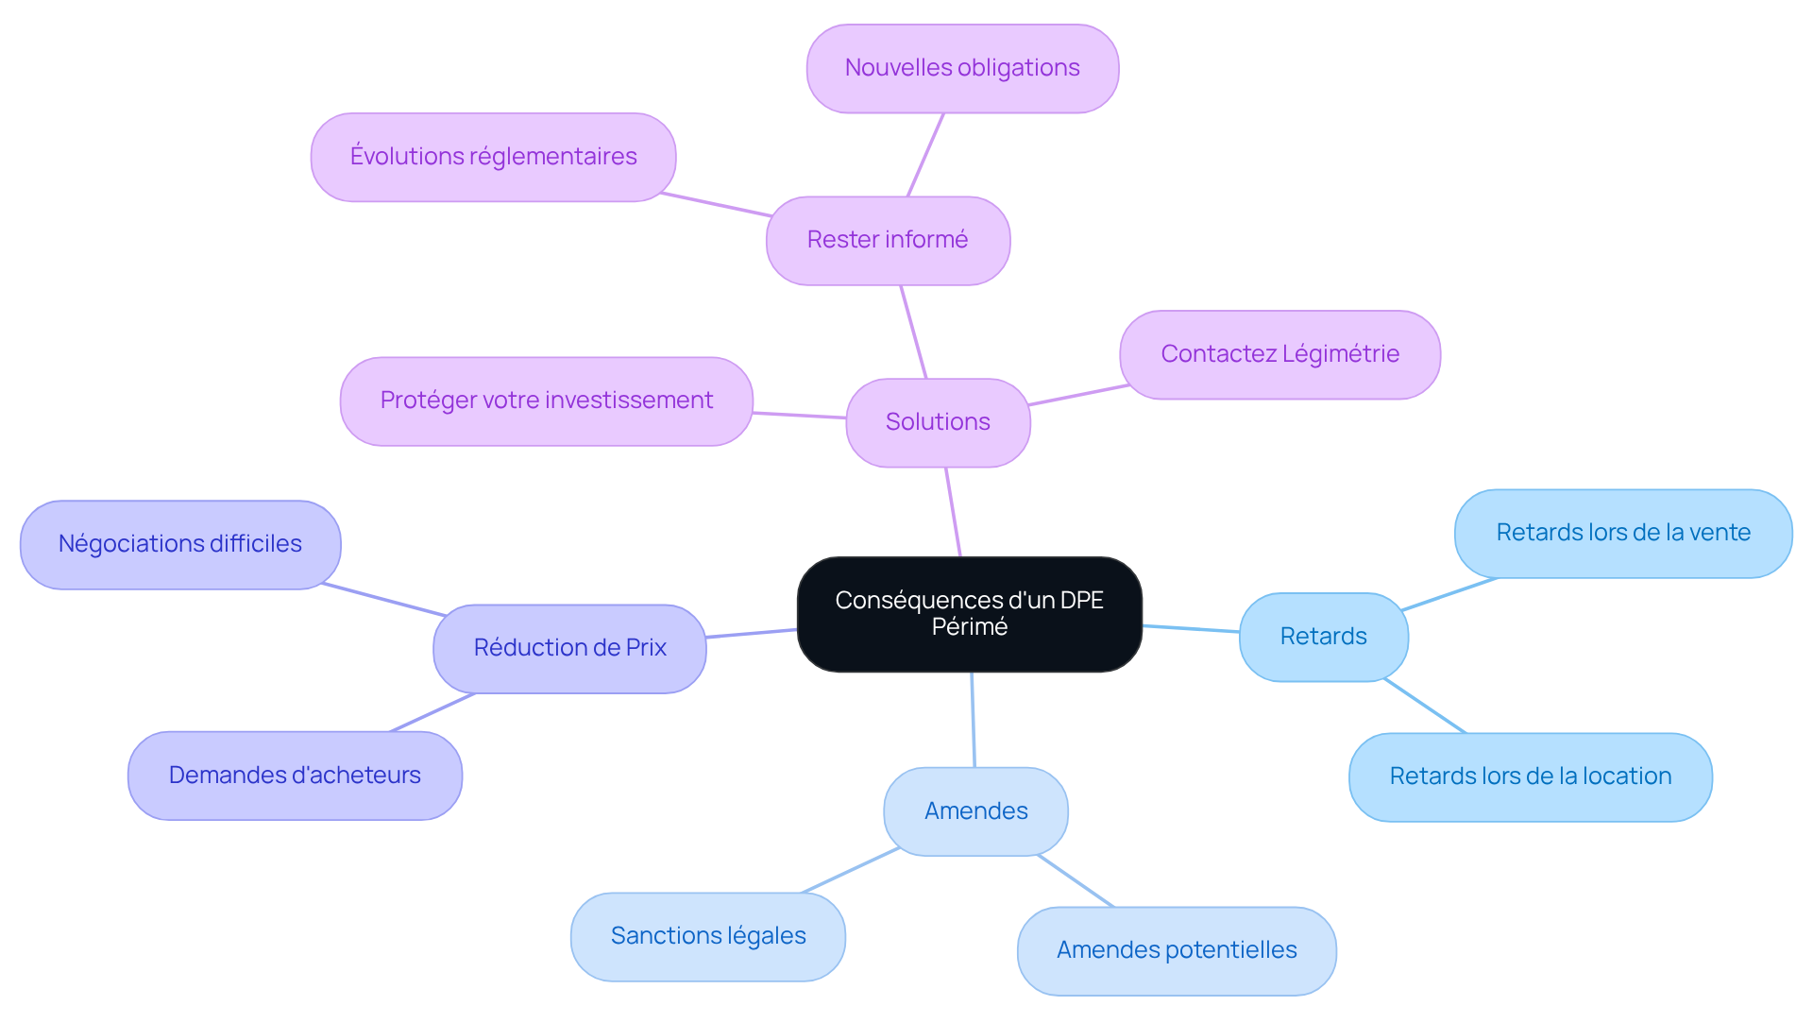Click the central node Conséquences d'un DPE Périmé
pos(969,614)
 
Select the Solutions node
pos(938,422)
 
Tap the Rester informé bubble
pos(888,240)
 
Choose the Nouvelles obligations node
pos(962,68)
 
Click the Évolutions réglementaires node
pos(493,157)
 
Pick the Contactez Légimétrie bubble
pos(1279,354)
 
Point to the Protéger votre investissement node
pos(546,401)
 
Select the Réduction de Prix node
pos(569,648)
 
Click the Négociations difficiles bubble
pos(179,544)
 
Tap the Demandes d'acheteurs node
pos(295,776)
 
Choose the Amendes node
pos(975,811)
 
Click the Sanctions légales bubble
pos(708,936)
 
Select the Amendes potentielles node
pos(1177,950)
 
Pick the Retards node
pos(1323,637)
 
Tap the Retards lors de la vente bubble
pos(1623,533)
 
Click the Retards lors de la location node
pos(1530,776)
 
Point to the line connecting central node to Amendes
pos(973,720)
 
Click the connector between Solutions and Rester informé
pos(913,332)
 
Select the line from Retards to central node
pos(1191,628)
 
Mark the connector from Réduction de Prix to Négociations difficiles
pos(383,599)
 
